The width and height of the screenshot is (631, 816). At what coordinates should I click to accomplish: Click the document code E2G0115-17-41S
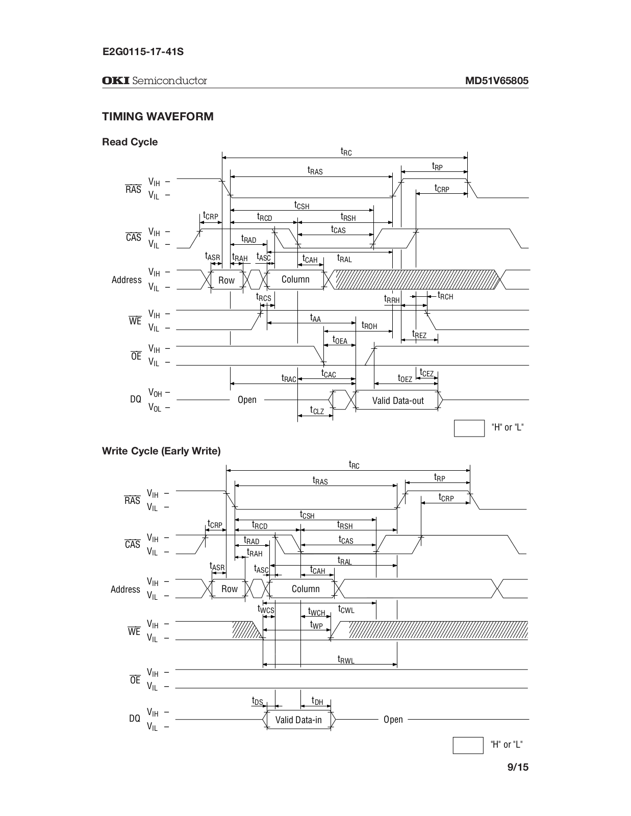(x=143, y=52)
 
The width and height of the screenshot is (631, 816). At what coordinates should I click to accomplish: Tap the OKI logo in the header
(x=116, y=81)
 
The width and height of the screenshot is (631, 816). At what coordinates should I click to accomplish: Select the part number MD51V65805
(x=496, y=81)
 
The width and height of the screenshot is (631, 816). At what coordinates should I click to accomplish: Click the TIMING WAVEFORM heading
(x=158, y=116)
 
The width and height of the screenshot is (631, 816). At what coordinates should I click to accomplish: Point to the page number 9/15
(x=518, y=767)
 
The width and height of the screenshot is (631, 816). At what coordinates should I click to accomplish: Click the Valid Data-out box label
(x=398, y=401)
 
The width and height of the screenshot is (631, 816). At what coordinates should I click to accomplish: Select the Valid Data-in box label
(x=298, y=720)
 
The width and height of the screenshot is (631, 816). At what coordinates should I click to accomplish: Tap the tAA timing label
(x=316, y=318)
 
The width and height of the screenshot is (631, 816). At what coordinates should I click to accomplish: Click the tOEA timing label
(x=340, y=340)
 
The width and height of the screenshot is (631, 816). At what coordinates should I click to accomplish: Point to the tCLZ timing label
(x=317, y=410)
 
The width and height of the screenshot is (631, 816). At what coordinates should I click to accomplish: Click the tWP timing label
(x=317, y=625)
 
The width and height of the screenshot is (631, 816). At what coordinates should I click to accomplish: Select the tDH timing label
(x=317, y=702)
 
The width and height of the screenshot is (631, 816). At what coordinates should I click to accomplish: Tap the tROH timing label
(x=369, y=325)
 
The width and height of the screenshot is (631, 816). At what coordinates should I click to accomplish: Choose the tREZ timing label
(x=419, y=335)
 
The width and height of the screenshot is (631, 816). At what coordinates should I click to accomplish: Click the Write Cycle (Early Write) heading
(x=161, y=451)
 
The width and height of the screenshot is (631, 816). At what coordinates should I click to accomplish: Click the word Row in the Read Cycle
(x=226, y=280)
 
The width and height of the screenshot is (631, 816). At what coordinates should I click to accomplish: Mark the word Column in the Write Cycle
(x=306, y=589)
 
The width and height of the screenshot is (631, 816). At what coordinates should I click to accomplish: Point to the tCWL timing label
(x=346, y=609)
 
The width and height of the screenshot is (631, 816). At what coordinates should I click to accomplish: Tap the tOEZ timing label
(x=405, y=378)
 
